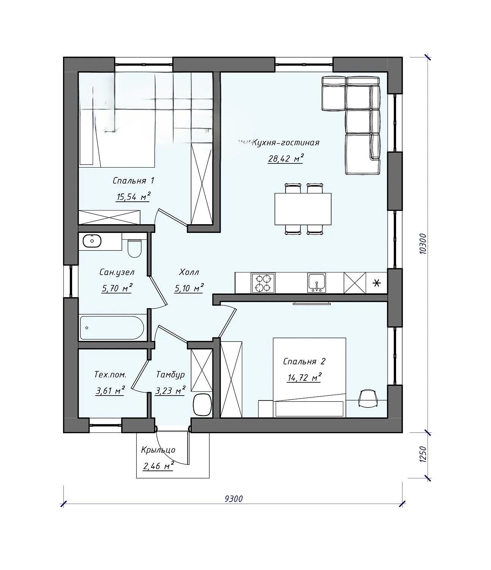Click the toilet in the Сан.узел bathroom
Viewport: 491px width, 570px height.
(135, 248)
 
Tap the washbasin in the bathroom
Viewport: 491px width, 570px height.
(92, 241)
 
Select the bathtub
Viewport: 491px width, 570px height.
(112, 328)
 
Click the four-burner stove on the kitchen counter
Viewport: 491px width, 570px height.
(263, 283)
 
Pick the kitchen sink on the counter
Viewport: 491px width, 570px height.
(317, 283)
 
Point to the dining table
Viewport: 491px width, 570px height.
(303, 209)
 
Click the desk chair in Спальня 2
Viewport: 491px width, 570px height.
(368, 397)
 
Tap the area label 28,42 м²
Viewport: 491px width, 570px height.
(286, 158)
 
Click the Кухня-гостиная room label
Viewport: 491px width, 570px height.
(286, 142)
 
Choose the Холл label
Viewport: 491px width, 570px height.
(189, 272)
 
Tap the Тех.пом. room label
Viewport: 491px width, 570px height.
(111, 374)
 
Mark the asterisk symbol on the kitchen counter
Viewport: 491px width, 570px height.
(377, 283)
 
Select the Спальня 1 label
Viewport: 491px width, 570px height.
(133, 180)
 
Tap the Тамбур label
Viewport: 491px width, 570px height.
(170, 375)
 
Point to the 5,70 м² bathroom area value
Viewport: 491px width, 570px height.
(117, 288)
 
